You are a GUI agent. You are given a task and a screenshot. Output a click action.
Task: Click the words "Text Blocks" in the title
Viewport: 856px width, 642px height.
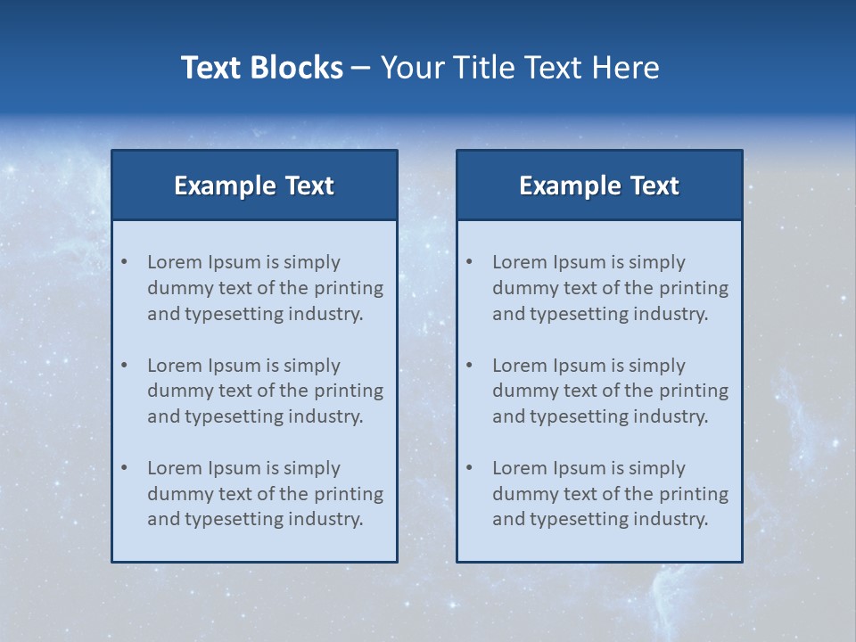(261, 68)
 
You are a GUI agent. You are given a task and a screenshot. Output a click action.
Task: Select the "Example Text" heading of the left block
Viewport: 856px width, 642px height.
(254, 185)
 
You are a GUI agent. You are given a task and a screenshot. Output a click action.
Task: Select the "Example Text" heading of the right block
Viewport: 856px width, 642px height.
(599, 185)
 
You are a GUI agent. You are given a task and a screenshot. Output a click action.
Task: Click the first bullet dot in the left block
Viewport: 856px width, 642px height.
(125, 262)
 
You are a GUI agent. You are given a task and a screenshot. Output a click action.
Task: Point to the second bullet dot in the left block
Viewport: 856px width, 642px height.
(125, 366)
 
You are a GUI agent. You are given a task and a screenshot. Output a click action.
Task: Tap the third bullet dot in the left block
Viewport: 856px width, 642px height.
(125, 468)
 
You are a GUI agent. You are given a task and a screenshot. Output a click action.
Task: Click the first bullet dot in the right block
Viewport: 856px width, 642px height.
(470, 262)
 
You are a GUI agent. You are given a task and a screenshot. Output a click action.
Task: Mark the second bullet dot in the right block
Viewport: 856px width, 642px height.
(470, 366)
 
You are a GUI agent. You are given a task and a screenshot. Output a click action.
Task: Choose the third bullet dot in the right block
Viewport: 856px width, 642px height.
(470, 468)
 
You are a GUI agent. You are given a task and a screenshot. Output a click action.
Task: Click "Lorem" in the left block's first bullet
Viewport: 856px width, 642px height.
(175, 262)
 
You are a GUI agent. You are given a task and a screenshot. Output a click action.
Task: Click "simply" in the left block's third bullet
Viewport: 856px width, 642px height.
(312, 468)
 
